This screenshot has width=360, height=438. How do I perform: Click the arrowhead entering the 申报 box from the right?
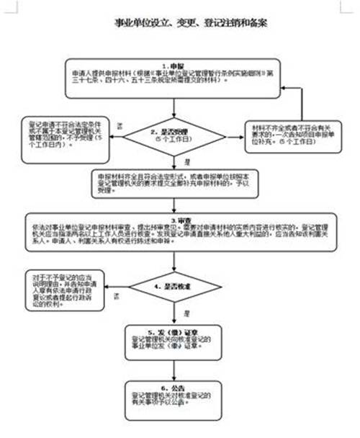coord(276,88)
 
